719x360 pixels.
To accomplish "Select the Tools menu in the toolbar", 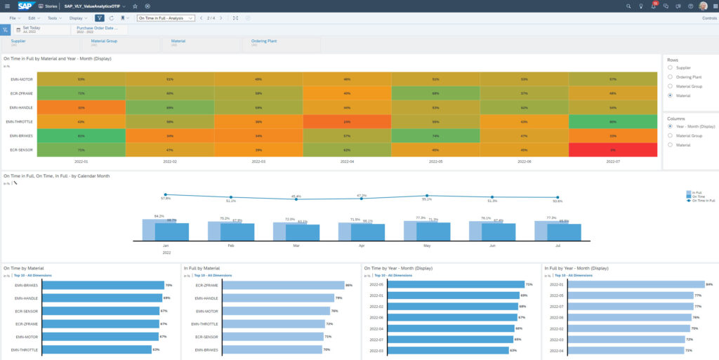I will point(53,18).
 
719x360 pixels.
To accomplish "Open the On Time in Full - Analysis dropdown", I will point(166,18).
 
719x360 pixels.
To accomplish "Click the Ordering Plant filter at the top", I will point(264,41).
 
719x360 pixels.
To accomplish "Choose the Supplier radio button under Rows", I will point(671,68).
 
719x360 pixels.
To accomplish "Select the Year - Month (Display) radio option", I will point(671,126).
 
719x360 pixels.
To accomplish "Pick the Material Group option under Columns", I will point(671,135).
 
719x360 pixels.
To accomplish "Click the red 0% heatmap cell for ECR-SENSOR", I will point(613,149).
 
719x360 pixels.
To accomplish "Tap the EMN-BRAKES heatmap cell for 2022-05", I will point(436,135).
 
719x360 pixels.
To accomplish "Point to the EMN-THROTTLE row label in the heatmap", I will point(20,121).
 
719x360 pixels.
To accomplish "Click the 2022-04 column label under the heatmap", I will point(347,161).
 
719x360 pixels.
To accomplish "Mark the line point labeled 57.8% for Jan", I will point(166,194).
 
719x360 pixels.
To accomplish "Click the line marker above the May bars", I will point(427,196).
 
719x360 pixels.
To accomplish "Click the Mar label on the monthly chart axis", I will point(296,246).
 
